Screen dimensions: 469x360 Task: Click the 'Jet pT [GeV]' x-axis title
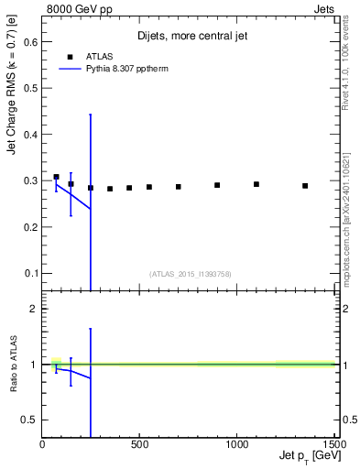(304, 457)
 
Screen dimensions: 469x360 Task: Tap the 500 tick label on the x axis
(140, 444)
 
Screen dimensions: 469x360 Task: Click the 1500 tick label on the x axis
(333, 444)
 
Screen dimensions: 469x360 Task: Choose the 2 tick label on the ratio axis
(33, 309)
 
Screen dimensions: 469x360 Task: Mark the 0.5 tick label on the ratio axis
(29, 420)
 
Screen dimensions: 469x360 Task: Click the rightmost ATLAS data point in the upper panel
(305, 186)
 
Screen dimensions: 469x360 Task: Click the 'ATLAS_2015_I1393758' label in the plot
(190, 273)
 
